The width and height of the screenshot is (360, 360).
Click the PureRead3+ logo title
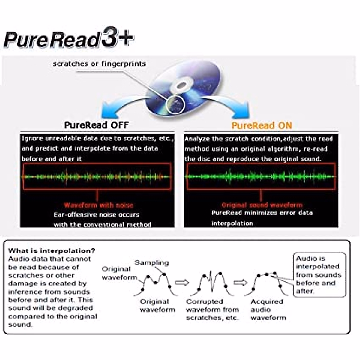[x=68, y=40]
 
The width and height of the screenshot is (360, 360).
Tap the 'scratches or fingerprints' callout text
[x=99, y=64]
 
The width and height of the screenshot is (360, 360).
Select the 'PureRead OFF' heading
[x=96, y=125]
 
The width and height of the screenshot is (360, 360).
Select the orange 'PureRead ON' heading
[x=262, y=125]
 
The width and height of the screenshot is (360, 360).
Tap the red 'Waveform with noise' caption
[x=98, y=205]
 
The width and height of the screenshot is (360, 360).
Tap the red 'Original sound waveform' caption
[x=262, y=205]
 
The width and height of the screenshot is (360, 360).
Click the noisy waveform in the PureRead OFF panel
[x=97, y=177]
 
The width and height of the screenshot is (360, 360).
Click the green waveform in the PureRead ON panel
[x=260, y=176]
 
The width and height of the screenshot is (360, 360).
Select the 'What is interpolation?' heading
[x=52, y=251]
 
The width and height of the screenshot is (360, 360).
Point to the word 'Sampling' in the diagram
[x=151, y=263]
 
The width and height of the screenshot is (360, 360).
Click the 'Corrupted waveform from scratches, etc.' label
[x=212, y=310]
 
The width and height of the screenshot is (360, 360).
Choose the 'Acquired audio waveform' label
[x=268, y=310]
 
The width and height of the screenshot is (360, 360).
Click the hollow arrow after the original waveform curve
[x=182, y=283]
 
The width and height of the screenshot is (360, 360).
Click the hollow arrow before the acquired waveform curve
[x=240, y=283]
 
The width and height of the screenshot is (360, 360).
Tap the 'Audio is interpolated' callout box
[x=319, y=274]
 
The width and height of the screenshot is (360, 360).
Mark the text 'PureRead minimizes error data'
[x=262, y=213]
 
